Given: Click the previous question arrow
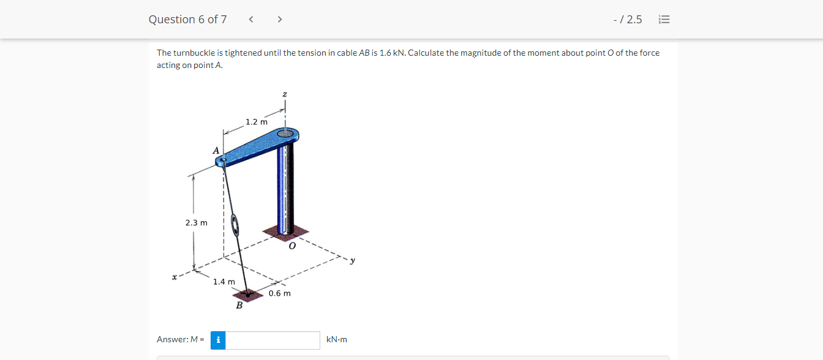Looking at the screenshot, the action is tap(251, 19).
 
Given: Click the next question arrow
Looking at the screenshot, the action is tap(280, 19).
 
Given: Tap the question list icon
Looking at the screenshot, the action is tap(664, 19).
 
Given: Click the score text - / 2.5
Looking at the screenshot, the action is tap(628, 19).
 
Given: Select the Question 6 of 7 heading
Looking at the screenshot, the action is tap(188, 19).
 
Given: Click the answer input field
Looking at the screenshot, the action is tap(272, 340).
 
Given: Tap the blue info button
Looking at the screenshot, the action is tap(218, 340).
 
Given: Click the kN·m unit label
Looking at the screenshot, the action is tap(337, 339).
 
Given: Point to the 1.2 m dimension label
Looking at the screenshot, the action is tap(257, 122).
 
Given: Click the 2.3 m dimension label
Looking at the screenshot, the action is tap(196, 223).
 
